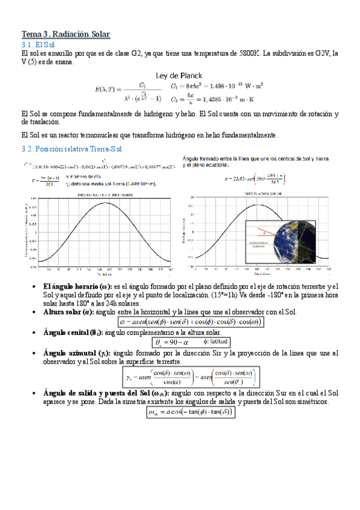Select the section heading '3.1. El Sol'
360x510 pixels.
pos(38,45)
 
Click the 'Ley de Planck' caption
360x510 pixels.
pos(179,75)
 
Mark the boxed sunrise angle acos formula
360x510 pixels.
pos(189,413)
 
